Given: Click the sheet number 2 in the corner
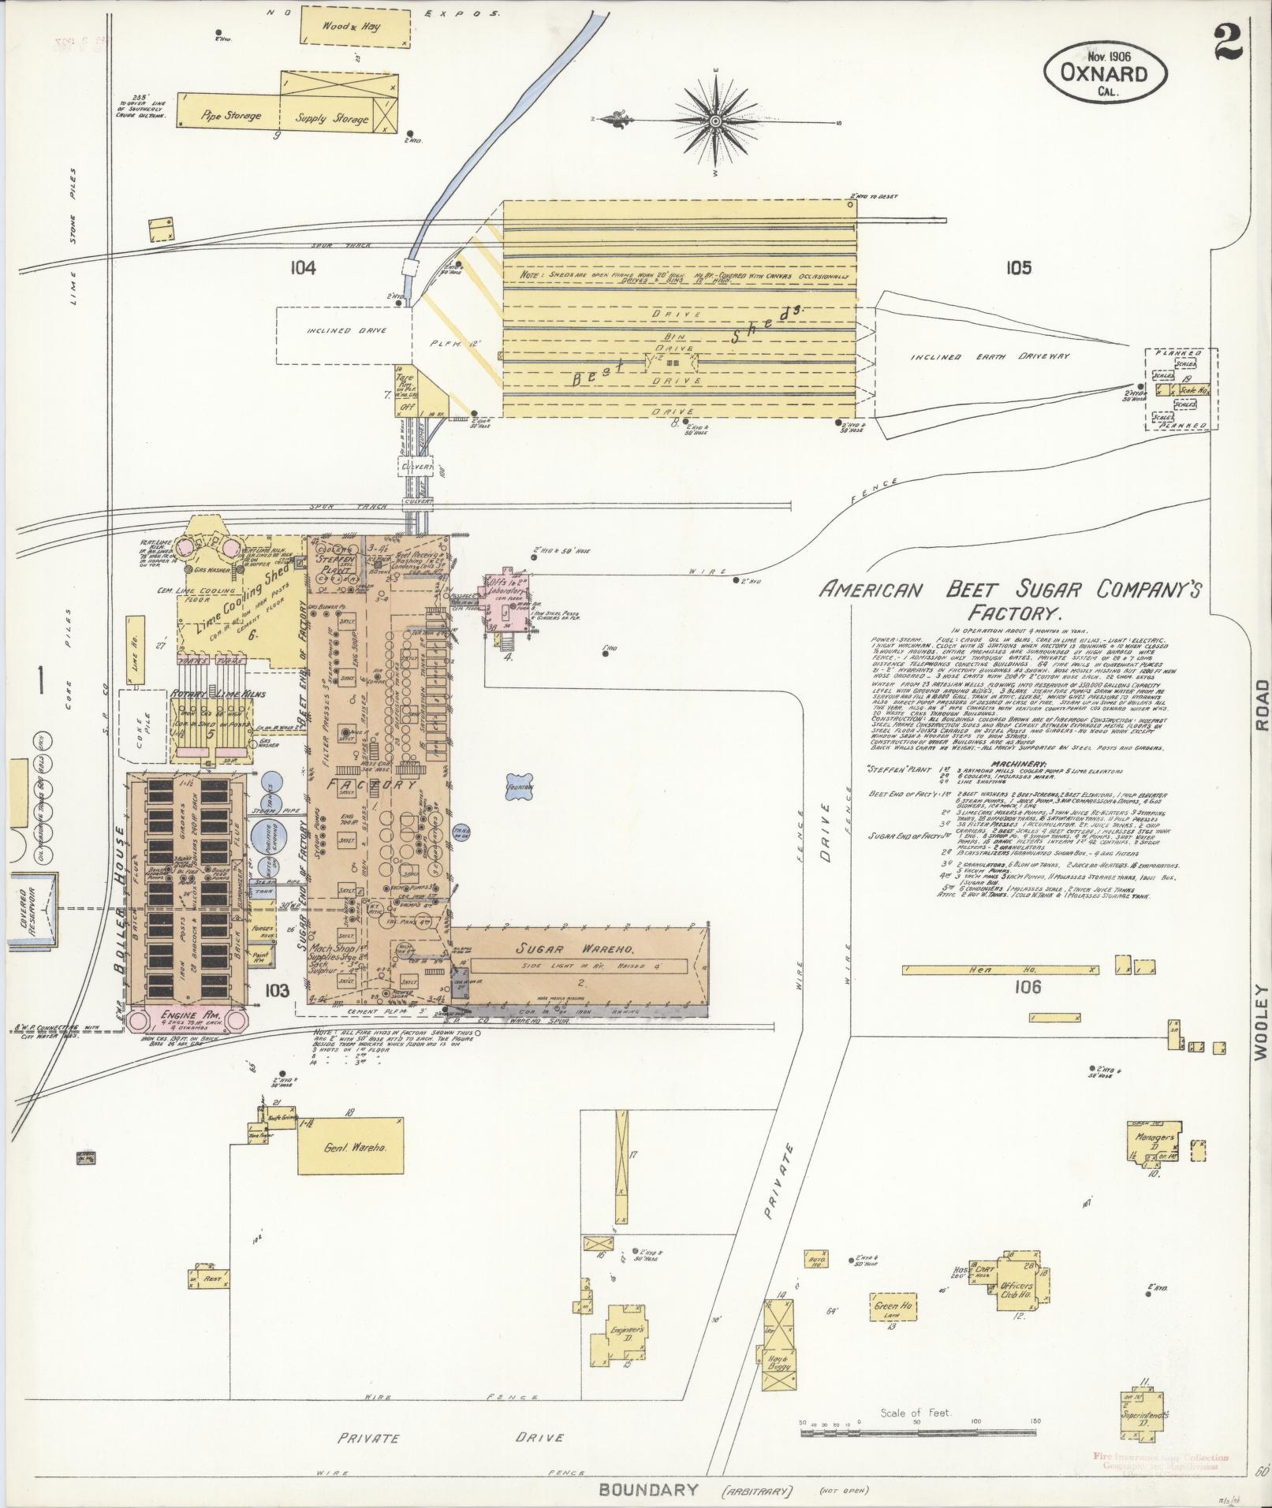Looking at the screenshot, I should pyautogui.click(x=1227, y=41).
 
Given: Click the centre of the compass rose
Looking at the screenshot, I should pyautogui.click(x=715, y=121).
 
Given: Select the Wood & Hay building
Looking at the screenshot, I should pyautogui.click(x=356, y=27).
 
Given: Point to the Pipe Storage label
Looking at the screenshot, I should pyautogui.click(x=231, y=116).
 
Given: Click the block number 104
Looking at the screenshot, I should pyautogui.click(x=302, y=269).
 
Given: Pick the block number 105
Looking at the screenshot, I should pyautogui.click(x=1018, y=269).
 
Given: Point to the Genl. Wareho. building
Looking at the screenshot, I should pyautogui.click(x=350, y=1147).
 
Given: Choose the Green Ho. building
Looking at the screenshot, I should pyautogui.click(x=893, y=1307).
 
